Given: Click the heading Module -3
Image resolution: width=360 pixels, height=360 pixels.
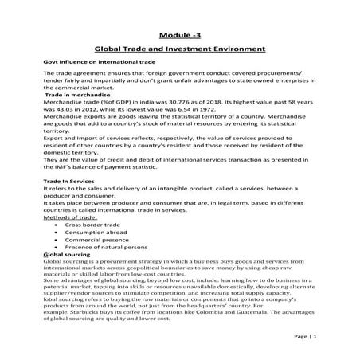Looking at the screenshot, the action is [179, 34].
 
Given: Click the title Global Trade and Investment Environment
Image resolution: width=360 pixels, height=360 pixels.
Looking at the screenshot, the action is [179, 49].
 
